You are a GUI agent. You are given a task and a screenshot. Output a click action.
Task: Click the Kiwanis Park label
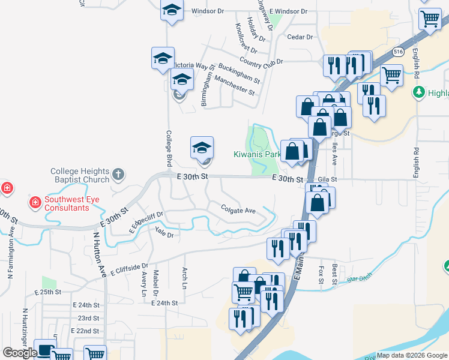click(257, 155)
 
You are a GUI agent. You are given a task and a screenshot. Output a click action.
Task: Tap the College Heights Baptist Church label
click(80, 175)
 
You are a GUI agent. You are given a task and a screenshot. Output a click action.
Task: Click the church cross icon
click(118, 175)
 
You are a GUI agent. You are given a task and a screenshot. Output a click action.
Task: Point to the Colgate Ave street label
click(238, 211)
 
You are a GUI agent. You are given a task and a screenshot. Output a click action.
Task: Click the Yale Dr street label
click(164, 234)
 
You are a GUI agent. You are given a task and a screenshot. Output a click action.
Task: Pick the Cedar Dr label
click(300, 37)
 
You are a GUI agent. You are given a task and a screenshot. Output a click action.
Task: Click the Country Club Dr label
click(260, 61)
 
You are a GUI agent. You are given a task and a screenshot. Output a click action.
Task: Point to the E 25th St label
click(48, 292)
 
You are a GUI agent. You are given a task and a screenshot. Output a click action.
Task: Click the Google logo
click(20, 352)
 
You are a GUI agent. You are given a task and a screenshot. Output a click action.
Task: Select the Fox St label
click(321, 274)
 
